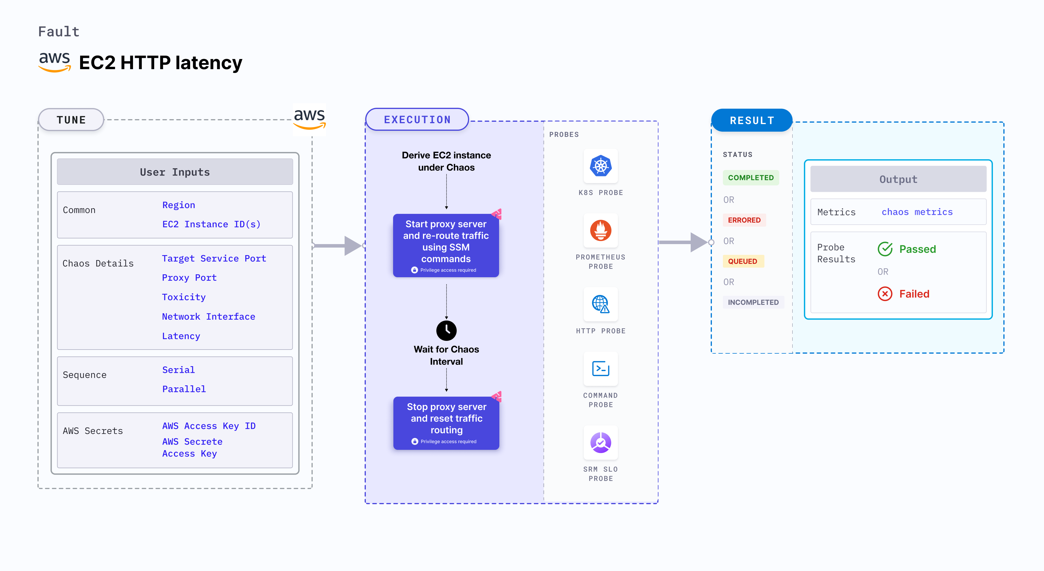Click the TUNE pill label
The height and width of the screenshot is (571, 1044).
click(71, 120)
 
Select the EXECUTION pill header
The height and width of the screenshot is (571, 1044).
click(417, 120)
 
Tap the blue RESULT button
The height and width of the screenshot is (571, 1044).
click(752, 120)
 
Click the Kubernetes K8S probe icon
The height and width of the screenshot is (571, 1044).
click(601, 166)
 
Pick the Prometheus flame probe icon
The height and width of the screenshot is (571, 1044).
click(601, 230)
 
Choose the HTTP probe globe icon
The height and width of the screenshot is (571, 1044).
click(601, 304)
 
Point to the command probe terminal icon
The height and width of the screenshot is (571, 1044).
click(601, 369)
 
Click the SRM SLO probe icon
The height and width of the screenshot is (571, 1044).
click(601, 443)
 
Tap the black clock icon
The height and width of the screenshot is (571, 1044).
click(446, 330)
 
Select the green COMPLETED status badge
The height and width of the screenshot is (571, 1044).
click(750, 178)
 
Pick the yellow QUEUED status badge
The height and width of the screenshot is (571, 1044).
click(742, 262)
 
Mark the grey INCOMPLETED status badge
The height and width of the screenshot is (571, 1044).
click(753, 302)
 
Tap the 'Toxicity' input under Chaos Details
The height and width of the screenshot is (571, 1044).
click(183, 297)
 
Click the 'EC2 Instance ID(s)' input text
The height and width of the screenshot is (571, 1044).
click(211, 224)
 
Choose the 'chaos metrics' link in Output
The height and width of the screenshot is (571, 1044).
click(917, 212)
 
